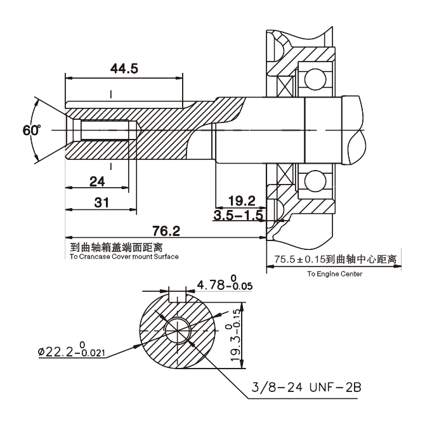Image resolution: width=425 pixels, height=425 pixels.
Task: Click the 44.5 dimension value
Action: click(x=124, y=69)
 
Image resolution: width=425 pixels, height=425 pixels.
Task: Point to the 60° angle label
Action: click(x=30, y=130)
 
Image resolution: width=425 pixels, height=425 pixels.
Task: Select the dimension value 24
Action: click(x=97, y=181)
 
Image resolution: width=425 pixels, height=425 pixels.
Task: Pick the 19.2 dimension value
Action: click(x=243, y=202)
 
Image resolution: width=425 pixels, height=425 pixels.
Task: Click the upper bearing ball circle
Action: click(x=313, y=79)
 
